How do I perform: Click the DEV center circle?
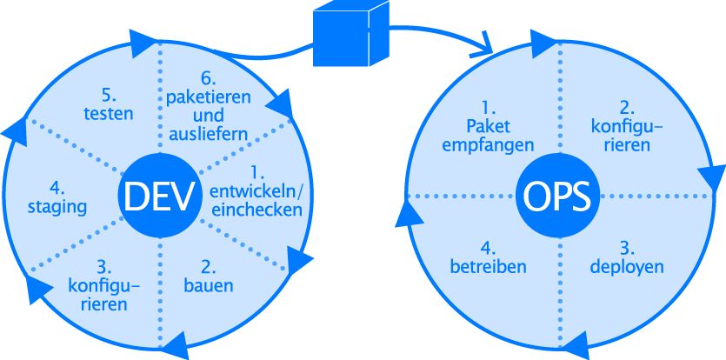coord(159,196)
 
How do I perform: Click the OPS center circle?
coord(557,196)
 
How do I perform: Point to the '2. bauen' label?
coord(209,276)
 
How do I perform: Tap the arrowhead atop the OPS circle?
coord(546,41)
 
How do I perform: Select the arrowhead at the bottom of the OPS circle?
coord(576,350)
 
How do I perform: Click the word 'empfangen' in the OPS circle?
coord(487,144)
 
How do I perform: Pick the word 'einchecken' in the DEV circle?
coord(257,210)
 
